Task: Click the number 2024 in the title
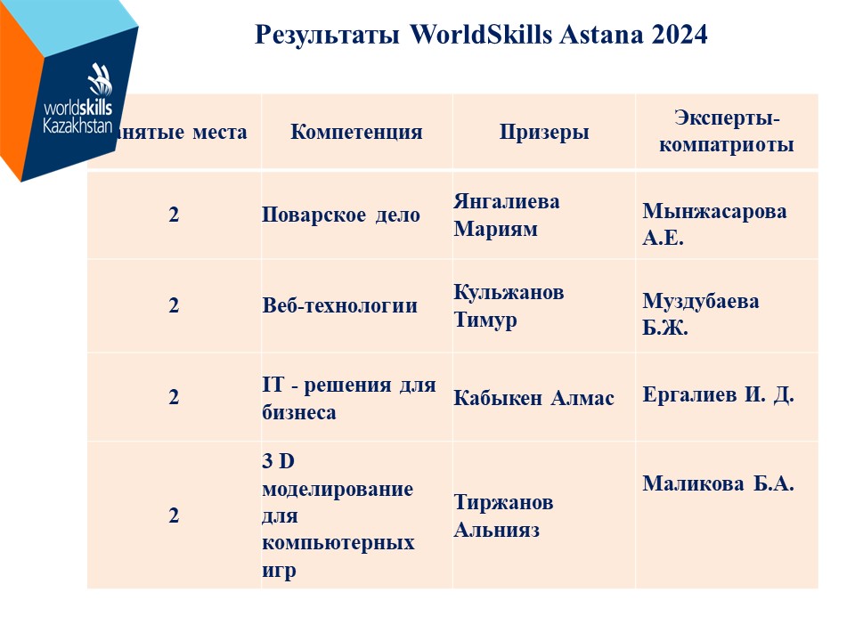(680, 35)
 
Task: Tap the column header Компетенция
(356, 132)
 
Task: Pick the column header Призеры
(544, 133)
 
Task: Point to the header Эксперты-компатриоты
(727, 132)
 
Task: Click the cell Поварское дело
(341, 215)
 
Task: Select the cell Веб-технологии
(339, 305)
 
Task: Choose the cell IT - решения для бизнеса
(349, 399)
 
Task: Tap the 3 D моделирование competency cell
(338, 515)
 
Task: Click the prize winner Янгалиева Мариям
(507, 215)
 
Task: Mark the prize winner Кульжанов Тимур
(509, 305)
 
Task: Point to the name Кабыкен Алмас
(533, 398)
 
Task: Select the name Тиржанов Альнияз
(503, 515)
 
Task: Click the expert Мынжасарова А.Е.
(714, 224)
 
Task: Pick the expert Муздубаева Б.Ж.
(701, 314)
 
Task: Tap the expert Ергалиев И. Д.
(718, 394)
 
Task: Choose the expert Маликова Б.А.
(718, 483)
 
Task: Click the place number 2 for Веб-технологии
(174, 305)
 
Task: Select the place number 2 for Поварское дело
(174, 215)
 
